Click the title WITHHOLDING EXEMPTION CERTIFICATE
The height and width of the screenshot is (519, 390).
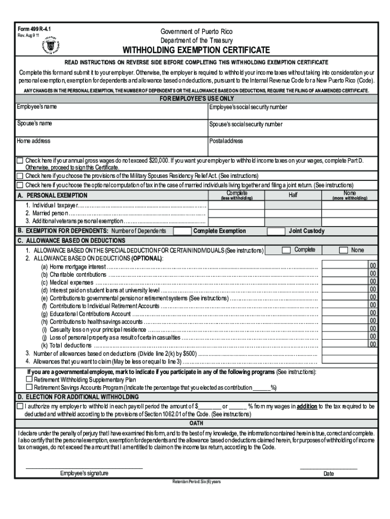[194, 50]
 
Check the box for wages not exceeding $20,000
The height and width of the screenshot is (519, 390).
[20, 161]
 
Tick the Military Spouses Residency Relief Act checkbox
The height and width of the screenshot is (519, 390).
[20, 176]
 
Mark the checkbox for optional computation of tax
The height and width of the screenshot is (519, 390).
[20, 185]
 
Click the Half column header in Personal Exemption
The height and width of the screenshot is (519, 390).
[293, 195]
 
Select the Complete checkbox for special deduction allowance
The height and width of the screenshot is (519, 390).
[286, 250]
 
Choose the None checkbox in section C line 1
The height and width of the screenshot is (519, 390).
[343, 250]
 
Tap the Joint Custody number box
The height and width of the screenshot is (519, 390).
[276, 231]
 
